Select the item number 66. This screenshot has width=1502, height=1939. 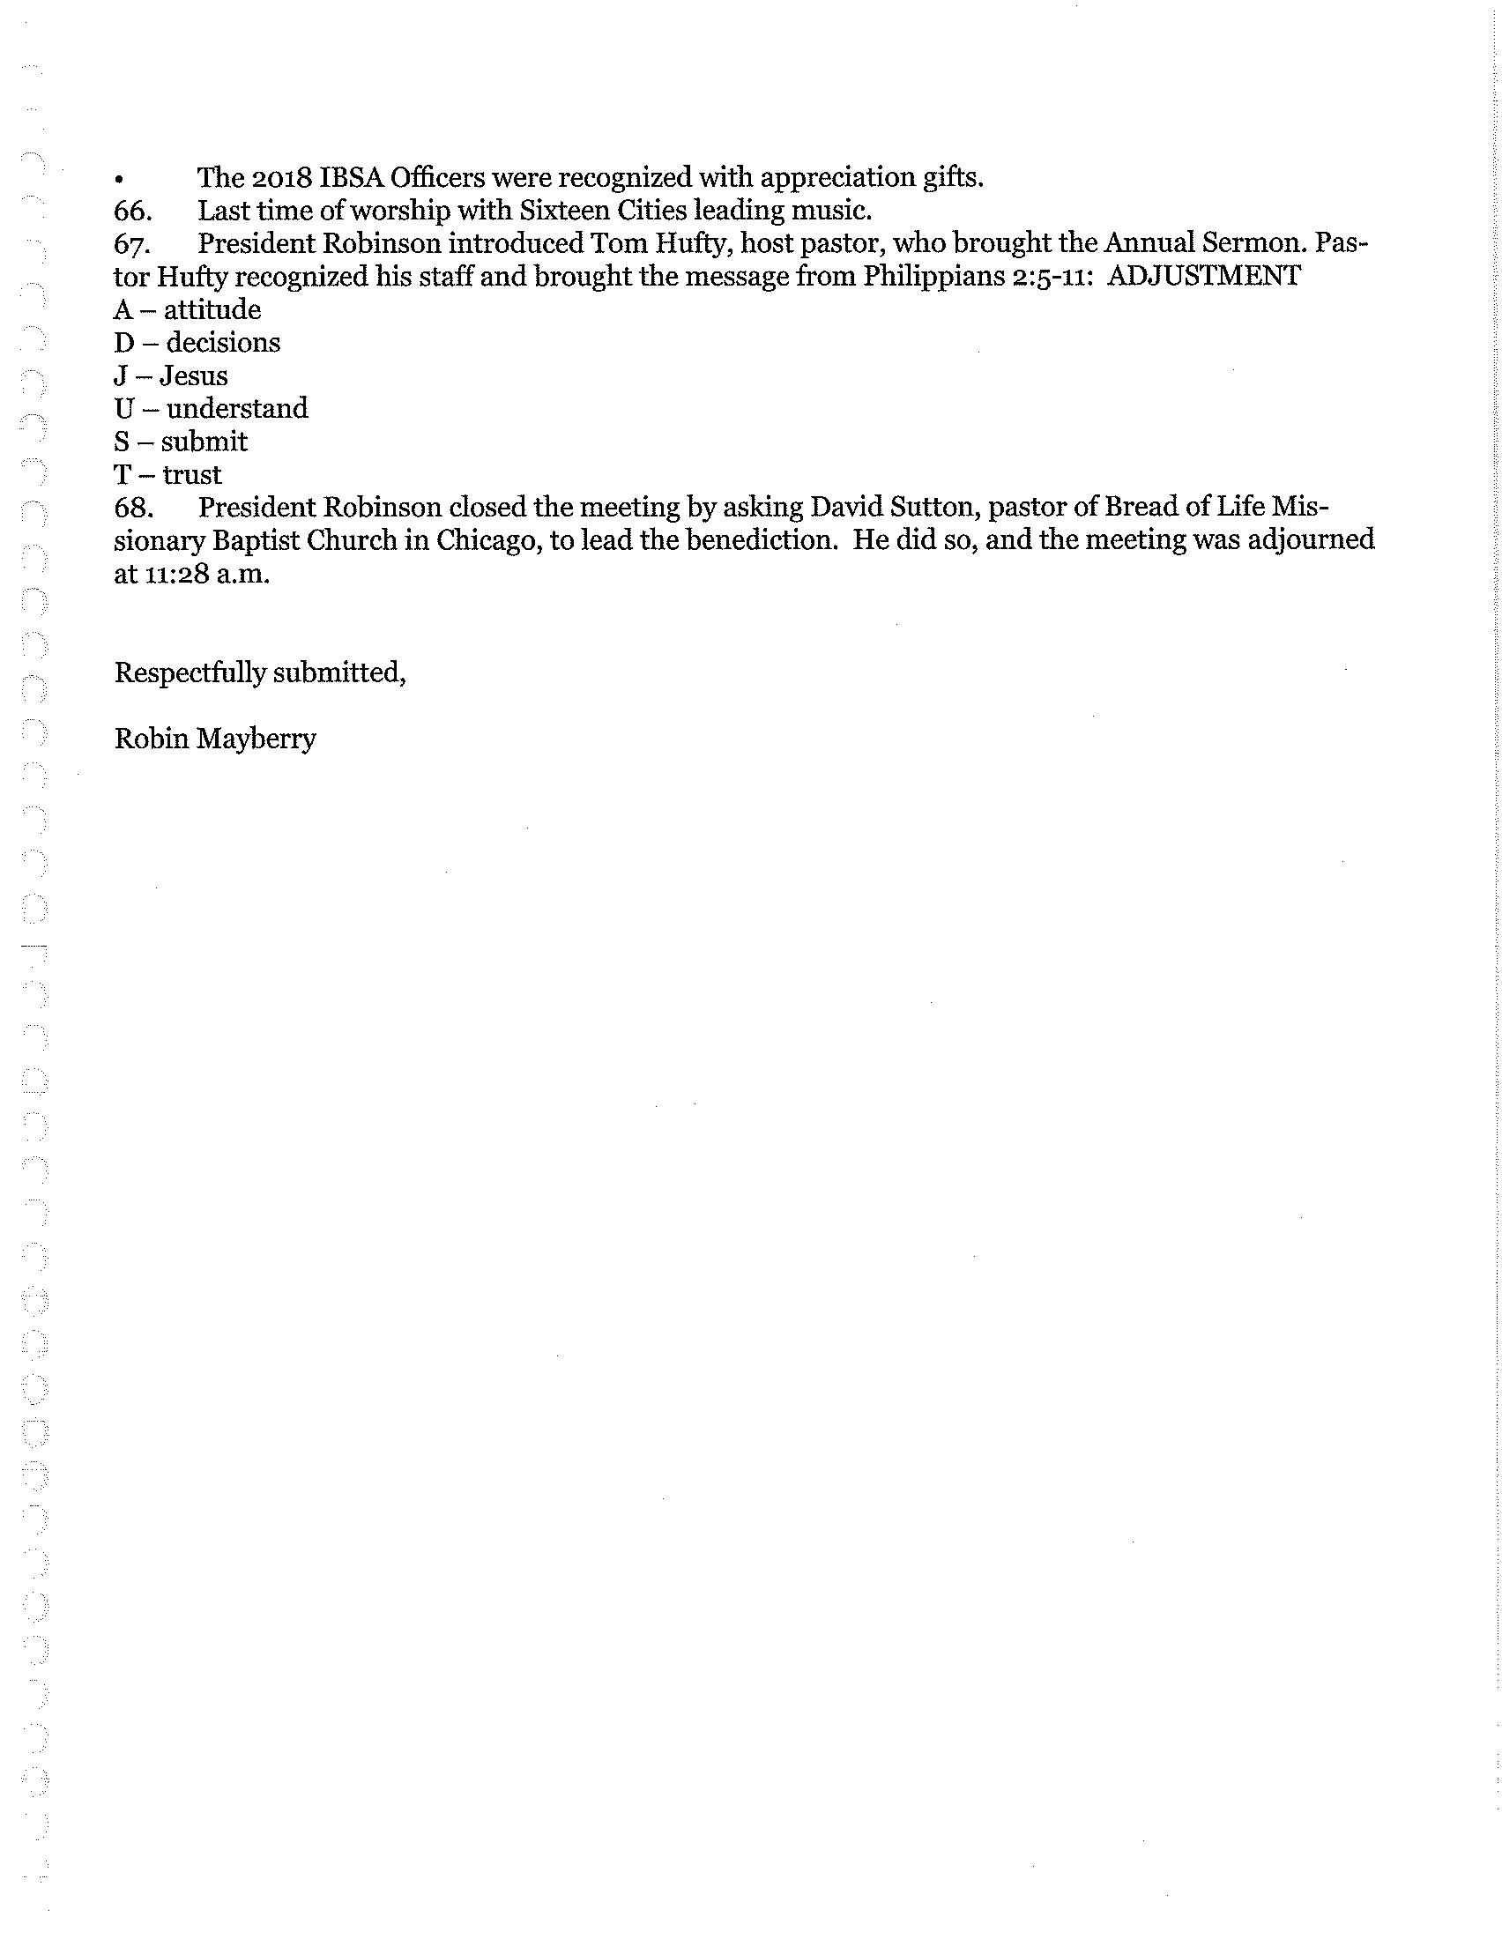click(x=132, y=212)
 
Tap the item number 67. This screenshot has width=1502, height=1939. click(x=132, y=244)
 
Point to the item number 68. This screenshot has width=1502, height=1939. click(x=132, y=508)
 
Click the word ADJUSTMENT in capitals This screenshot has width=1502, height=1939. click(x=1205, y=276)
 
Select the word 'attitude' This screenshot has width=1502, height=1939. click(x=212, y=310)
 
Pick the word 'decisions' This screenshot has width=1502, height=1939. click(x=223, y=343)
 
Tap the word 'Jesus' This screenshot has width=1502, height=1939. click(x=194, y=375)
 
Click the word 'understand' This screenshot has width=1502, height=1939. click(x=237, y=408)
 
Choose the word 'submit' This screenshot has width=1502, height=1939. click(x=204, y=442)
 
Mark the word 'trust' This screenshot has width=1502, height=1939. click(x=192, y=474)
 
